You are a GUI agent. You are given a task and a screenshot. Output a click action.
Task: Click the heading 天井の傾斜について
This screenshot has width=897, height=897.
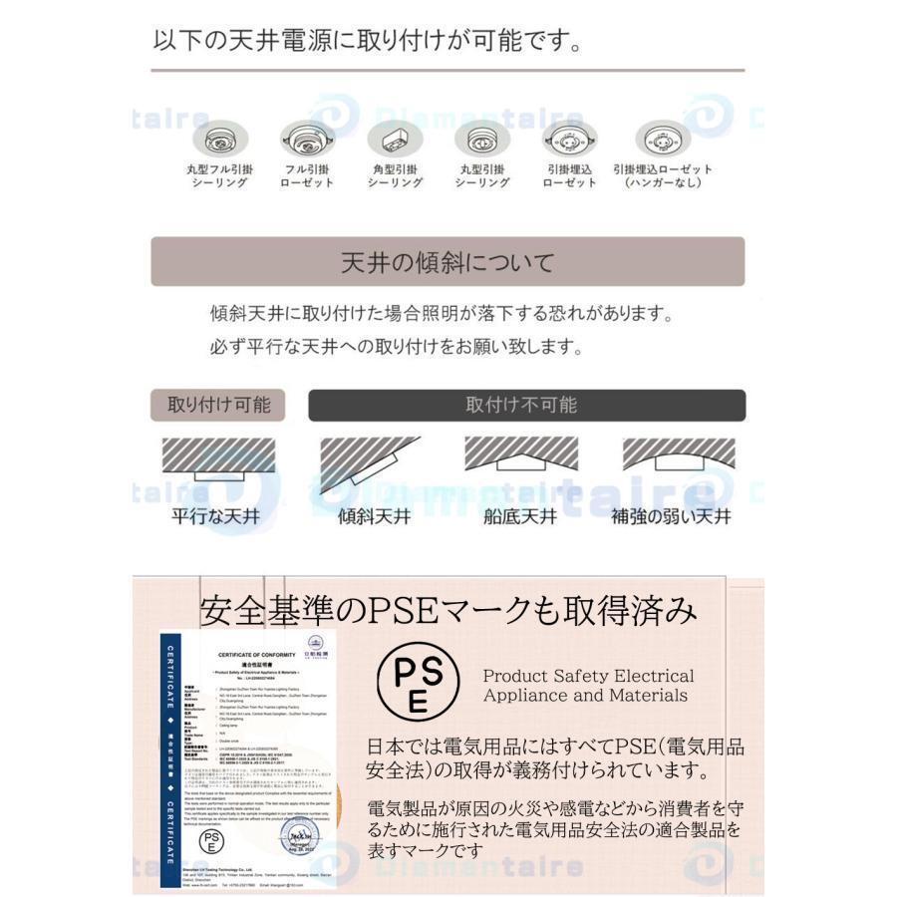click(x=448, y=263)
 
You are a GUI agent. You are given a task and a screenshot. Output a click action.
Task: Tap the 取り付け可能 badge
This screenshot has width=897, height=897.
click(x=218, y=405)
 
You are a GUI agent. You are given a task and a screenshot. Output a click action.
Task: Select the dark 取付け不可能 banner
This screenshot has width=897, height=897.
click(x=526, y=405)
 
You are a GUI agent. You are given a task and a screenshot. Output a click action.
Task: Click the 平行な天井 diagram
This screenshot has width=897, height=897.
click(x=216, y=459)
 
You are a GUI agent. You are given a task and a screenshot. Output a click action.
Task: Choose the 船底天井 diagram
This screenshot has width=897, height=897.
click(x=520, y=455)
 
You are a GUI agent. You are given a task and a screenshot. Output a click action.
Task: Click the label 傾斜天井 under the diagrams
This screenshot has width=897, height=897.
click(x=374, y=517)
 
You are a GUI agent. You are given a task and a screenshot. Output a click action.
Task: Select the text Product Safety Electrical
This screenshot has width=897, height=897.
click(x=588, y=676)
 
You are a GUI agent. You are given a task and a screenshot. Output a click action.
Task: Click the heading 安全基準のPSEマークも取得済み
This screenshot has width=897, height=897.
click(x=448, y=609)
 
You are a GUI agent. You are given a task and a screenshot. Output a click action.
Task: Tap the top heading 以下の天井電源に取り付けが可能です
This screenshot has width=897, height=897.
click(x=368, y=42)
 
